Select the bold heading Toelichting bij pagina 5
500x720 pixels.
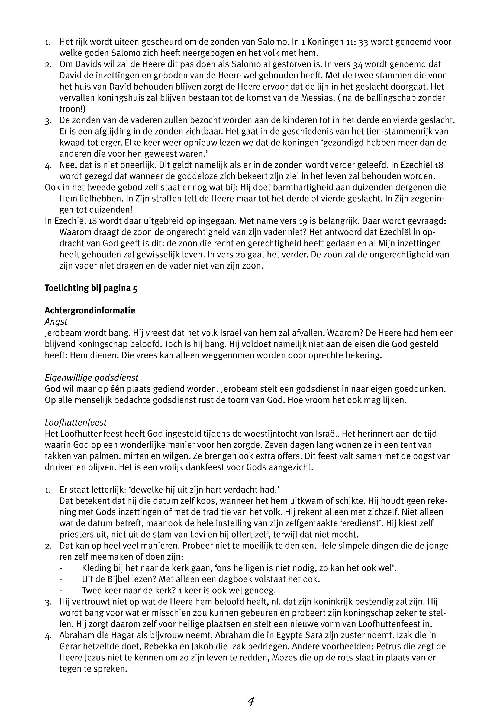91,288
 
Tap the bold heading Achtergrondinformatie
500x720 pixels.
90,311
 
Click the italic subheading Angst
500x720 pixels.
56,322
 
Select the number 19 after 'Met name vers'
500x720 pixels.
302,221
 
